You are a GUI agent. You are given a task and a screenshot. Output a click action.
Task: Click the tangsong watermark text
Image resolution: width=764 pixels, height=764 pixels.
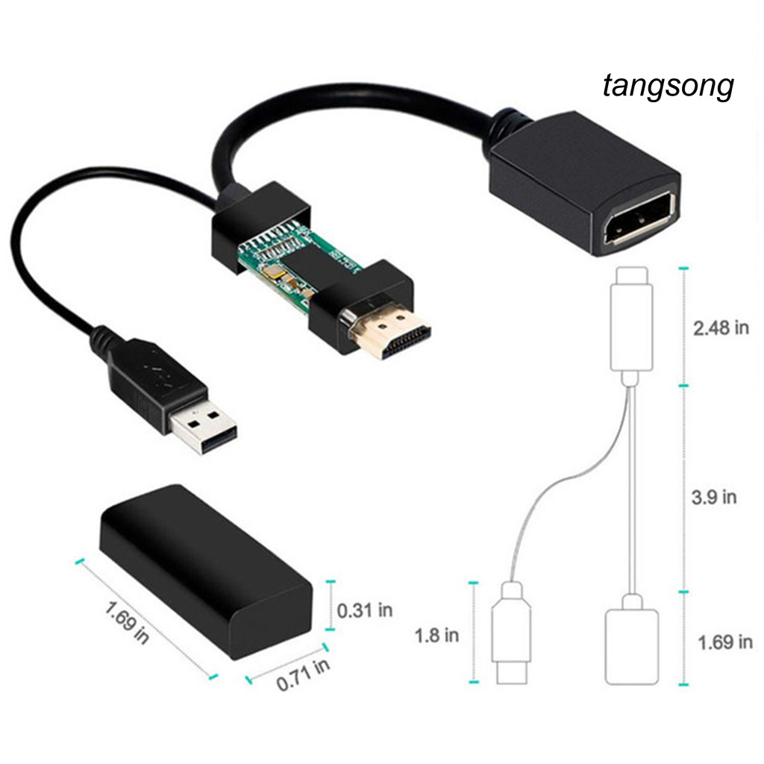click(668, 87)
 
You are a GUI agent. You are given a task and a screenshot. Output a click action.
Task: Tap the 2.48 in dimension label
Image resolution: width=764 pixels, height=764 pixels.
click(721, 328)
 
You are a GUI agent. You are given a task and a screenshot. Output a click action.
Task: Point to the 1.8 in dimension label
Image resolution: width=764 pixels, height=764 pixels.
click(436, 635)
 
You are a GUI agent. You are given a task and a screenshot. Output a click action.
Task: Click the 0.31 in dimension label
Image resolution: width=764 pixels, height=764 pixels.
click(365, 610)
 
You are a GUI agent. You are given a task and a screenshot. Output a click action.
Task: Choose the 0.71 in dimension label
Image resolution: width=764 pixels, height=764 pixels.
click(303, 674)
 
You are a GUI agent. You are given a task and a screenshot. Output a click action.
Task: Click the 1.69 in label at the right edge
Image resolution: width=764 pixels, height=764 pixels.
click(724, 641)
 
